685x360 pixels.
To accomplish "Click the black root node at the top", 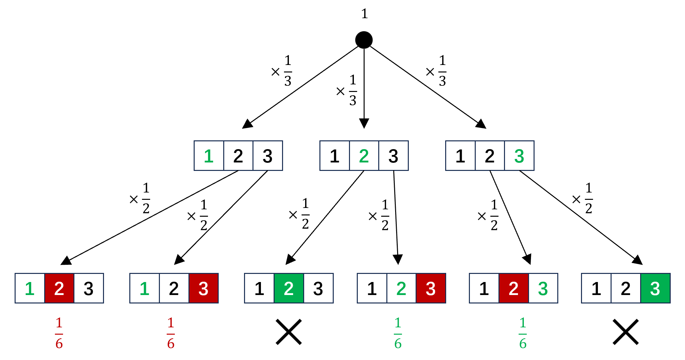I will pyautogui.click(x=364, y=40).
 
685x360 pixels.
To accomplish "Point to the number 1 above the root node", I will pyautogui.click(x=364, y=14).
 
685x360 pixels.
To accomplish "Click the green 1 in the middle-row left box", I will pyautogui.click(x=209, y=156).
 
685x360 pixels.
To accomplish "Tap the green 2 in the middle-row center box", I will pyautogui.click(x=364, y=156).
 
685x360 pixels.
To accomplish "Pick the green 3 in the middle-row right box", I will pyautogui.click(x=519, y=156).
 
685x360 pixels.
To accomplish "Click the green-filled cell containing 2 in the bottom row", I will pyautogui.click(x=289, y=289).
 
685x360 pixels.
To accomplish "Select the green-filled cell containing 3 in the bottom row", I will pyautogui.click(x=655, y=289).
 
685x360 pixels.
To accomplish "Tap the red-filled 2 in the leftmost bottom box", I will pyautogui.click(x=59, y=289).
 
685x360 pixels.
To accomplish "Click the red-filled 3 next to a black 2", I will pyautogui.click(x=203, y=289).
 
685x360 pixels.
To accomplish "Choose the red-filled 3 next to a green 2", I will pyautogui.click(x=431, y=289).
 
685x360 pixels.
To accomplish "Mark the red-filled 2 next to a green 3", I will pyautogui.click(x=513, y=289).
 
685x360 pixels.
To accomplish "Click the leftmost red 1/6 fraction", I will pyautogui.click(x=59, y=333).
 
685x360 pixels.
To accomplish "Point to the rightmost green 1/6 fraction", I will pyautogui.click(x=523, y=333).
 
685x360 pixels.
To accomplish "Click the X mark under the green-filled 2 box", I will pyautogui.click(x=289, y=332).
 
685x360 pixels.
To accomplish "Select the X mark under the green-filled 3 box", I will pyautogui.click(x=626, y=332).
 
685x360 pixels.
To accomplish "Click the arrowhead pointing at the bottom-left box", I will pyautogui.click(x=66, y=261).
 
